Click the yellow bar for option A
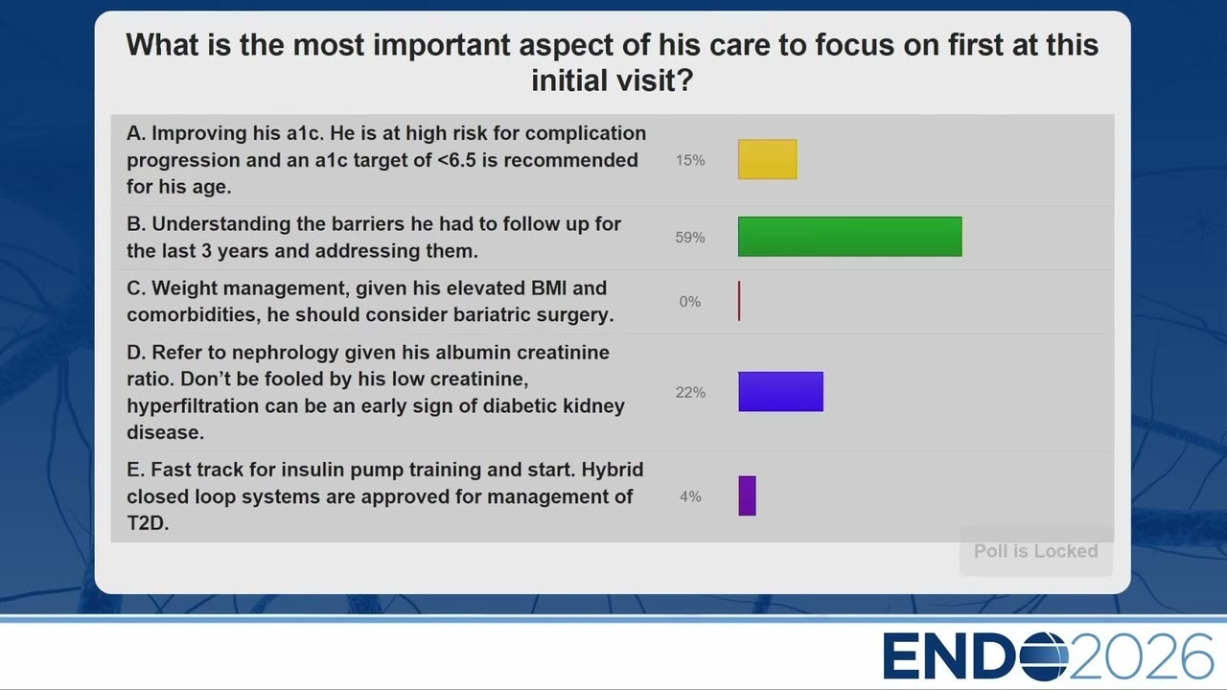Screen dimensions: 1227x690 click(768, 159)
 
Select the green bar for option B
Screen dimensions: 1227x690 click(849, 237)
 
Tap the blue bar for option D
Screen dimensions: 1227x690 click(780, 392)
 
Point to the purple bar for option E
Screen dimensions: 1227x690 click(747, 495)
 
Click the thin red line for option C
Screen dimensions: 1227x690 click(739, 301)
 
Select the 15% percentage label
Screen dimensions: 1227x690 click(690, 160)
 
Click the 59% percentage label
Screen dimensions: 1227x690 click(690, 237)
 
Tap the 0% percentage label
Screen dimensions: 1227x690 click(690, 301)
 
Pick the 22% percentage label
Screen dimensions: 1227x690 click(690, 392)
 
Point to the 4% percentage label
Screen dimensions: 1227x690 click(690, 496)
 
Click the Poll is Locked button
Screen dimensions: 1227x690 click(1036, 551)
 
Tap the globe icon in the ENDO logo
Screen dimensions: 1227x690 click(1044, 655)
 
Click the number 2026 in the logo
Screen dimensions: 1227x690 click(1142, 656)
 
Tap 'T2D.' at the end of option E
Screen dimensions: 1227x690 click(148, 523)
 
